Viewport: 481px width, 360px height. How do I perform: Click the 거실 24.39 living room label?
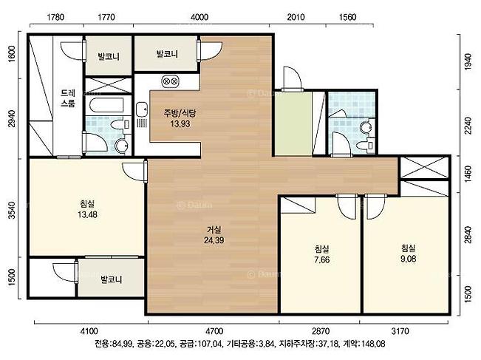click(x=214, y=235)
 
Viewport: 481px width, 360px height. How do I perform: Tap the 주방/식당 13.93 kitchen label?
click(x=180, y=118)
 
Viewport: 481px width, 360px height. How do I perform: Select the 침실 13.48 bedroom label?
click(x=87, y=208)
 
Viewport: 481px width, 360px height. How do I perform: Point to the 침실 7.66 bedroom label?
click(x=322, y=254)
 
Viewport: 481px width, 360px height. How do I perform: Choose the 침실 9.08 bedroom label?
click(x=409, y=254)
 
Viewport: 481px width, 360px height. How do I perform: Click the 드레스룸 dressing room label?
click(x=68, y=98)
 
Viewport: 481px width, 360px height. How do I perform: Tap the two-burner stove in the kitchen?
click(x=170, y=81)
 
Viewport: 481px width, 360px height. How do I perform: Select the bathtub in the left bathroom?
click(x=106, y=105)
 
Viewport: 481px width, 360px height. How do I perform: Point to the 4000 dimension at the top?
click(x=199, y=17)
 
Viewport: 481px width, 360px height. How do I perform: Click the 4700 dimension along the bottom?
click(x=214, y=331)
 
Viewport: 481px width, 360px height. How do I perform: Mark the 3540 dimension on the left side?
click(x=12, y=210)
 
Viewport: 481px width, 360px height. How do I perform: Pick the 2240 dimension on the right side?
click(x=468, y=126)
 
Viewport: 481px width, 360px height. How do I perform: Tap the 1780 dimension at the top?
click(x=55, y=17)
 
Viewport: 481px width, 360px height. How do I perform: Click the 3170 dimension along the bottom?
click(x=400, y=331)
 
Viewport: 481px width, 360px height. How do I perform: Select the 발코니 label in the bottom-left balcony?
click(x=112, y=279)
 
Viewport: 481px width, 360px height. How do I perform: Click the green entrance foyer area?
click(x=293, y=123)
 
